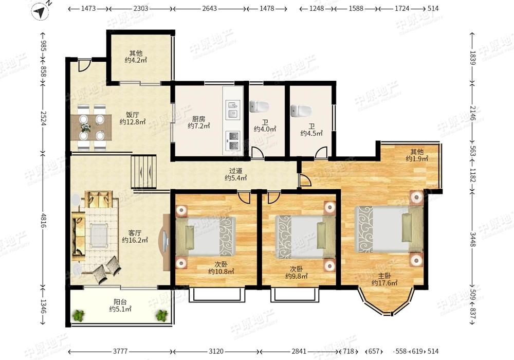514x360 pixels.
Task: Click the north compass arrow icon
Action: pyautogui.click(x=40, y=12)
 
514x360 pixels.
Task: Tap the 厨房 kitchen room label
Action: pyautogui.click(x=198, y=119)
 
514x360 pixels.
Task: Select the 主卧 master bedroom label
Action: pyautogui.click(x=384, y=276)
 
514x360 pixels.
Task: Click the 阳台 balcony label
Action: pyautogui.click(x=120, y=302)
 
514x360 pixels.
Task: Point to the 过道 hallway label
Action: pyautogui.click(x=236, y=171)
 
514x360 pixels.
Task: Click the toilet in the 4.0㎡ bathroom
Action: pyautogui.click(x=259, y=106)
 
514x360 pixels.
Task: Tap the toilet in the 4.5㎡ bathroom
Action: pyautogui.click(x=301, y=111)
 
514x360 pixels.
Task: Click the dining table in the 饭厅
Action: pyautogui.click(x=91, y=128)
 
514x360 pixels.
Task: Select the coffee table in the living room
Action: pyautogui.click(x=99, y=235)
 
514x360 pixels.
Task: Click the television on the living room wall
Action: pyautogui.click(x=166, y=242)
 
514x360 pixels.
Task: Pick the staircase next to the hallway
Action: pyautogui.click(x=143, y=172)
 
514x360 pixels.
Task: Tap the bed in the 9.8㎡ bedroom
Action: pyautogui.click(x=305, y=237)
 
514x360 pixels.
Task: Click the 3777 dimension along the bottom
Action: pyautogui.click(x=120, y=351)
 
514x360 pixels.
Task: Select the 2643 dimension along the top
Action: pyautogui.click(x=209, y=9)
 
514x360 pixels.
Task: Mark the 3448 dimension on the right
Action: pyautogui.click(x=473, y=240)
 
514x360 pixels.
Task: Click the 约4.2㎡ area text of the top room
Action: pyautogui.click(x=135, y=60)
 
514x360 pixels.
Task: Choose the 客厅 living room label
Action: pyautogui.click(x=135, y=233)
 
